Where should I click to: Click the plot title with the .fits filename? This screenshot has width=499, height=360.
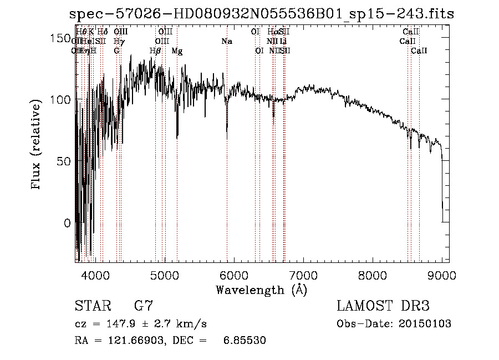262,14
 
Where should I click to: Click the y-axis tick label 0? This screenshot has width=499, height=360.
67,223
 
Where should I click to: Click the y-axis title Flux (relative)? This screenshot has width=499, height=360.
37,146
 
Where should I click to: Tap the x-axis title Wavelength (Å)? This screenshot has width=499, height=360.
261,290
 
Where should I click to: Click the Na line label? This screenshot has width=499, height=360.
227,42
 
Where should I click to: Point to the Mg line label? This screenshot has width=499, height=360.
177,51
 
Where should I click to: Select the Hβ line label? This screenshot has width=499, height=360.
155,51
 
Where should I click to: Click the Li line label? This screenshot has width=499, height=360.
283,42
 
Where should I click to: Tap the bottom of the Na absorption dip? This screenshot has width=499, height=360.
227,138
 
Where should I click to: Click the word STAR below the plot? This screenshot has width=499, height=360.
91,306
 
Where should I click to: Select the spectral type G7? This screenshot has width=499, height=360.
144,306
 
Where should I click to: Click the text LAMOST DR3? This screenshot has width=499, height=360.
383,306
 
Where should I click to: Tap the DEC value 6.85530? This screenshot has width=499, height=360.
245,341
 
